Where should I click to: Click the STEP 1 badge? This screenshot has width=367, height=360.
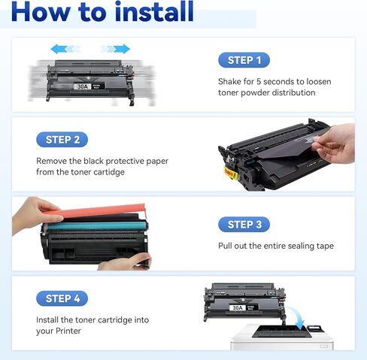pos(244,60)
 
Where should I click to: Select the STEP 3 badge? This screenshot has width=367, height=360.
pos(244,225)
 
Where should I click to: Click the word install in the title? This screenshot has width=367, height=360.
pos(147,12)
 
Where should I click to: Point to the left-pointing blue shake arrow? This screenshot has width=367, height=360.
pos(65,49)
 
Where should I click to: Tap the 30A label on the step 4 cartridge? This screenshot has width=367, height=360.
pos(238,307)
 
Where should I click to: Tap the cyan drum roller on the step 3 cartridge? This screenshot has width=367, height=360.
pos(90,225)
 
